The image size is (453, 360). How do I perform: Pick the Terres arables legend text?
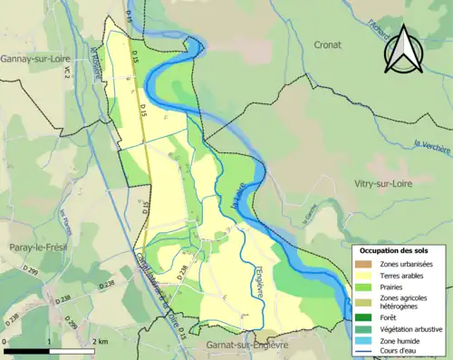coord(403,275)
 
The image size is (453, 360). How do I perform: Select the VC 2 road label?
coord(66,79)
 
